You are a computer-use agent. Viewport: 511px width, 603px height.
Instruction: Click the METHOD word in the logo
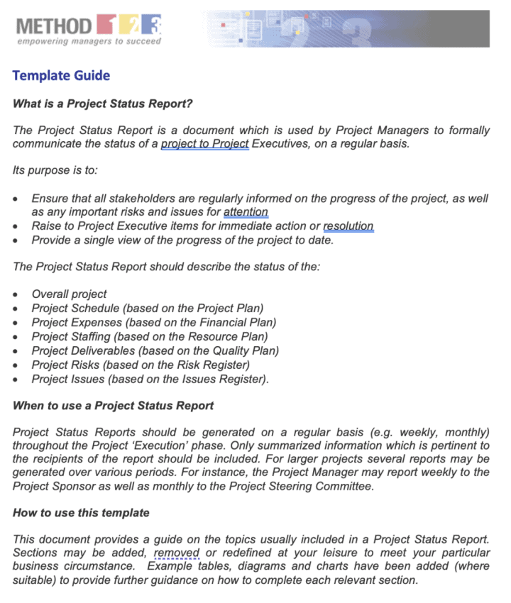point(53,26)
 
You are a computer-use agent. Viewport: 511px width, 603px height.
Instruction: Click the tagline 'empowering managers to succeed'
point(89,41)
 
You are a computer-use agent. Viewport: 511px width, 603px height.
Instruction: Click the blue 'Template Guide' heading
point(61,75)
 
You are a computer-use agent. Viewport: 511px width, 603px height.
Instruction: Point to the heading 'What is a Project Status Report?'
point(103,104)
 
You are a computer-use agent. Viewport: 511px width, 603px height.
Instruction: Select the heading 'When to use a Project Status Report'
point(113,406)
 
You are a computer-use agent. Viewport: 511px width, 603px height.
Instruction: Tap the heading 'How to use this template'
point(81,512)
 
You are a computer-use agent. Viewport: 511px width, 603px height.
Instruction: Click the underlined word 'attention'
point(246,212)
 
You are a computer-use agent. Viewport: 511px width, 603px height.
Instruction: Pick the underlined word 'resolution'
point(348,226)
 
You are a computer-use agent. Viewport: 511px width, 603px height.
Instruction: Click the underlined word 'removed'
point(177,553)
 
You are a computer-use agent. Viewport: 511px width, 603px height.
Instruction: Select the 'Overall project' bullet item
point(69,294)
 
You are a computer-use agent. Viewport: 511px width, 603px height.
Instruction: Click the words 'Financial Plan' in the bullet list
point(235,322)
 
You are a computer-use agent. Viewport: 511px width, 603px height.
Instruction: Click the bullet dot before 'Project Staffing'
point(16,337)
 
